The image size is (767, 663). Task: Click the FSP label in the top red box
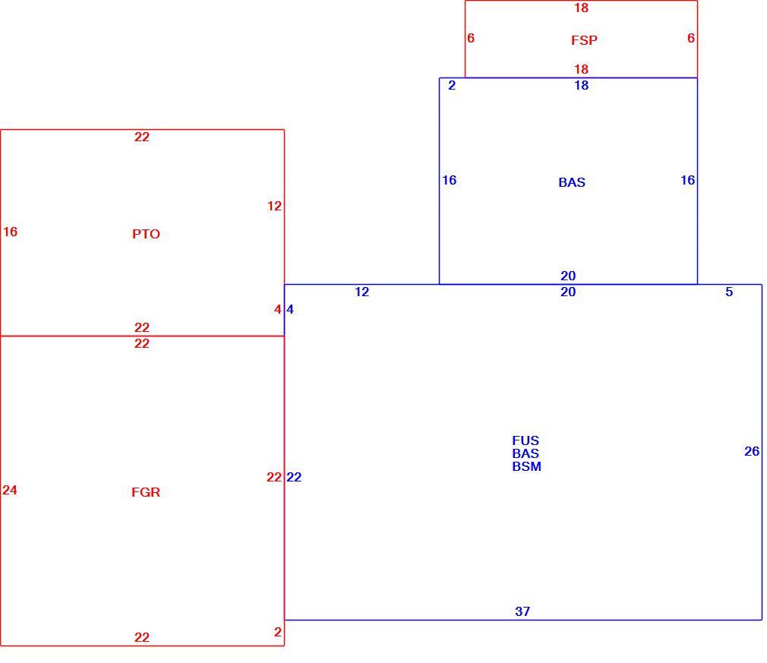[x=584, y=40]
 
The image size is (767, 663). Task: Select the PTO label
[x=146, y=234]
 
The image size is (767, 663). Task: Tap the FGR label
[x=146, y=492]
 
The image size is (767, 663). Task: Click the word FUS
[x=526, y=440]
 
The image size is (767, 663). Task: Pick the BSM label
[x=526, y=466]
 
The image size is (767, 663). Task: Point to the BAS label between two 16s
[x=572, y=182]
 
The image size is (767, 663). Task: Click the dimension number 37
[x=522, y=611]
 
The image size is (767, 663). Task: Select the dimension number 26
[x=752, y=451]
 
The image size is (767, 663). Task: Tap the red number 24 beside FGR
[x=10, y=490]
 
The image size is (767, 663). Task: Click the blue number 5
[x=729, y=292]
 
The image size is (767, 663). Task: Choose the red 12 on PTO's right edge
[x=274, y=206]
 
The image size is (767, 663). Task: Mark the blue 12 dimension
[x=361, y=292]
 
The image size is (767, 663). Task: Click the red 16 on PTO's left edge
[x=11, y=232]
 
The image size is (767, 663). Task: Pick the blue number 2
[x=452, y=85]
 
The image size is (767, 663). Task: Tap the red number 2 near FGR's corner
[x=278, y=632]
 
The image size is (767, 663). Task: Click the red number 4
[x=278, y=309]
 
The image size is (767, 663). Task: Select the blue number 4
[x=290, y=309]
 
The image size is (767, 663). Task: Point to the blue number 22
[x=294, y=477]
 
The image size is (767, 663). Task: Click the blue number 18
[x=581, y=85]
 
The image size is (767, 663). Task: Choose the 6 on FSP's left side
[x=471, y=38]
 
